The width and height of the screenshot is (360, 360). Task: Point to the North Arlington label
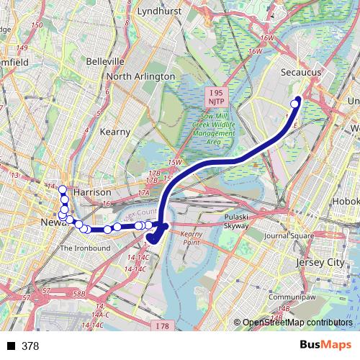tap(140, 76)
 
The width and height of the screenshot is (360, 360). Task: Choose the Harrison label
tap(92, 193)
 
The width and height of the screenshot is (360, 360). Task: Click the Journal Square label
tap(289, 235)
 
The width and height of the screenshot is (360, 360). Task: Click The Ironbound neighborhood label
tap(85, 248)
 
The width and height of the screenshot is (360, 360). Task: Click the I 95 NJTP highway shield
tap(218, 97)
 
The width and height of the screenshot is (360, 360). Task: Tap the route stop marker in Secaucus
tap(294, 104)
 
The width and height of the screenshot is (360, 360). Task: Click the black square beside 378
tap(12, 346)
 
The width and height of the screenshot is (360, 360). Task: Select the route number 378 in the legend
tap(30, 346)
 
